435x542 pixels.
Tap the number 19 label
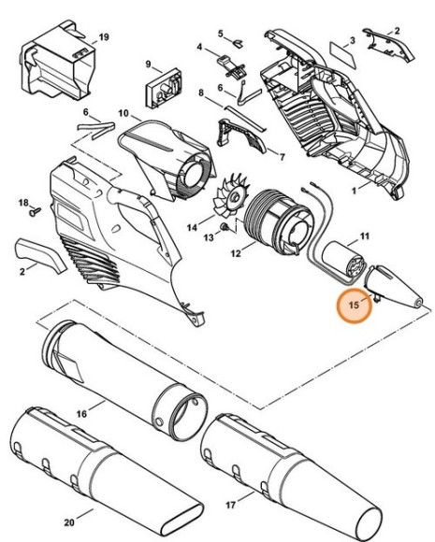coord(104,36)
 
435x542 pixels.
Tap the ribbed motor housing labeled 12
coord(271,226)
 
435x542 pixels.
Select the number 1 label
coord(354,190)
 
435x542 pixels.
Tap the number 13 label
coord(209,238)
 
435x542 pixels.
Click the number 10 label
coord(123,113)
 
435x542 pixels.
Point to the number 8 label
coord(201,93)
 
